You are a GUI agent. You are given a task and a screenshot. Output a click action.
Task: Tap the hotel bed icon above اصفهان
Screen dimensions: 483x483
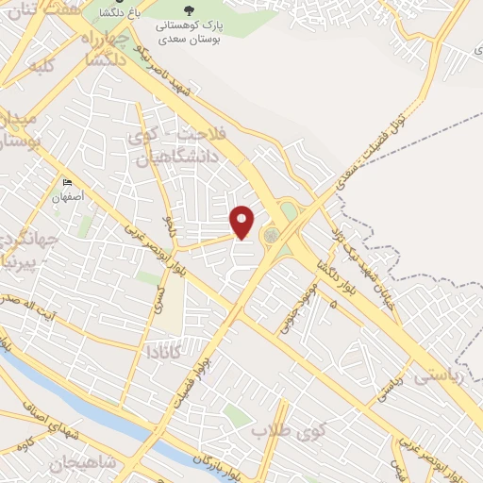pyautogui.click(x=66, y=182)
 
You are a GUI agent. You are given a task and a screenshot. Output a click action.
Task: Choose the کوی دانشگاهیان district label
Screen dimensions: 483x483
pyautogui.click(x=178, y=147)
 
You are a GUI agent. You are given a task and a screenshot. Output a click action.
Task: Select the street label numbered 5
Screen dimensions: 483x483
pyautogui.click(x=333, y=305)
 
